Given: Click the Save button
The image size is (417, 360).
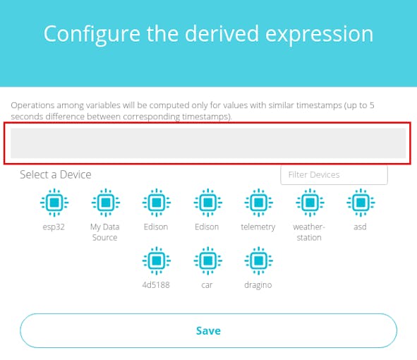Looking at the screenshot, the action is [x=208, y=330].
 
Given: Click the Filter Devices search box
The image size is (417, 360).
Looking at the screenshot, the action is [x=334, y=175].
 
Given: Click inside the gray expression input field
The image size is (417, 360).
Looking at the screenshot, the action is [x=208, y=143].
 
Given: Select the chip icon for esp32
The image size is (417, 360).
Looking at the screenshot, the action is [x=54, y=203].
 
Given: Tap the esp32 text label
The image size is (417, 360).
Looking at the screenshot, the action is [x=54, y=227].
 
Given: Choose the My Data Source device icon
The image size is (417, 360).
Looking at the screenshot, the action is [x=106, y=203].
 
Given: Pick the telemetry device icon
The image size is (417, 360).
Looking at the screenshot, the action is [x=258, y=203].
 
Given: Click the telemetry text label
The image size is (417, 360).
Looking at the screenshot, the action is [x=258, y=227].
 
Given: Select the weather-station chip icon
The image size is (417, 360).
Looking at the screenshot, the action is [x=310, y=203].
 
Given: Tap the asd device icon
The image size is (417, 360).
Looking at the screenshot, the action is [x=361, y=203].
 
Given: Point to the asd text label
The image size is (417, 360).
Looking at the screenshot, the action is [x=360, y=227].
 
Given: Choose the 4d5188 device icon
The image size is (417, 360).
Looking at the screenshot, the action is [x=157, y=260].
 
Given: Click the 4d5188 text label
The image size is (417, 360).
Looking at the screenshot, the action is [x=156, y=285].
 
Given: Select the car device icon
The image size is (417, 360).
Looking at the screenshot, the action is [x=207, y=260].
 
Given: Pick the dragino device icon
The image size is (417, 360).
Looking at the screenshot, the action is [x=258, y=260].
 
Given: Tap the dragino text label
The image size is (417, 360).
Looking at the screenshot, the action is [x=258, y=285].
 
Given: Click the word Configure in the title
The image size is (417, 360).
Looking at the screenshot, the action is [x=92, y=35].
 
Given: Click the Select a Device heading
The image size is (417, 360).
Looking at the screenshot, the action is [x=56, y=174].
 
